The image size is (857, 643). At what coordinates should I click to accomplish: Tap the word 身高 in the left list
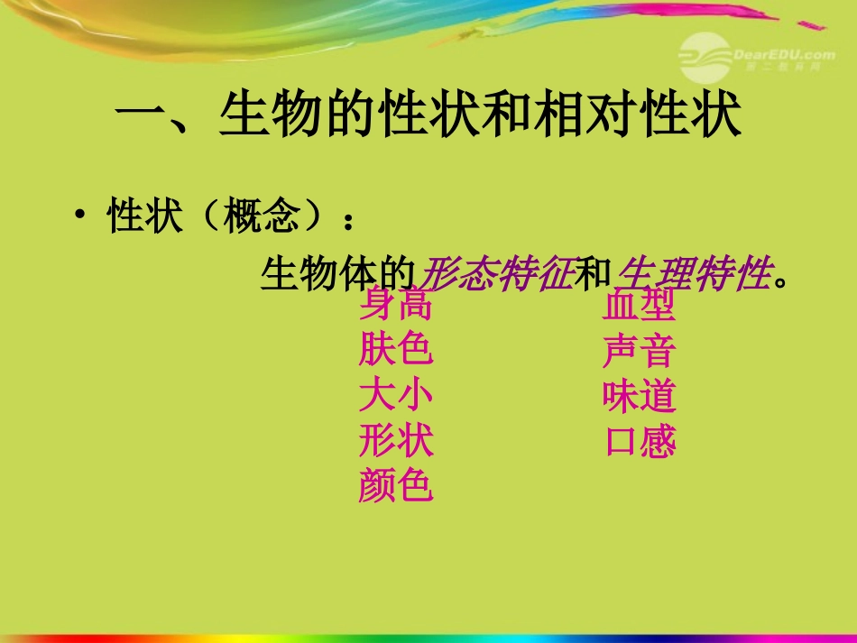coord(395,307)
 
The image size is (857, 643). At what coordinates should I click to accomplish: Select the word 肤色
coord(395,351)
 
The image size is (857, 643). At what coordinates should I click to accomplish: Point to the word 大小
coord(395,396)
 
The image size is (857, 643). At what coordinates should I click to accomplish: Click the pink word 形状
coord(395,441)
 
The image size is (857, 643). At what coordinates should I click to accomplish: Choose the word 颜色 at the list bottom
coord(395,486)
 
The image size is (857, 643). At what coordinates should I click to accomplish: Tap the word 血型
coord(639,307)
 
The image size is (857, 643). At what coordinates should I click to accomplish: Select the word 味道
coord(639,397)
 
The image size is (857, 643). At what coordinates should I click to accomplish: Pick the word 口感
coord(639,442)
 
